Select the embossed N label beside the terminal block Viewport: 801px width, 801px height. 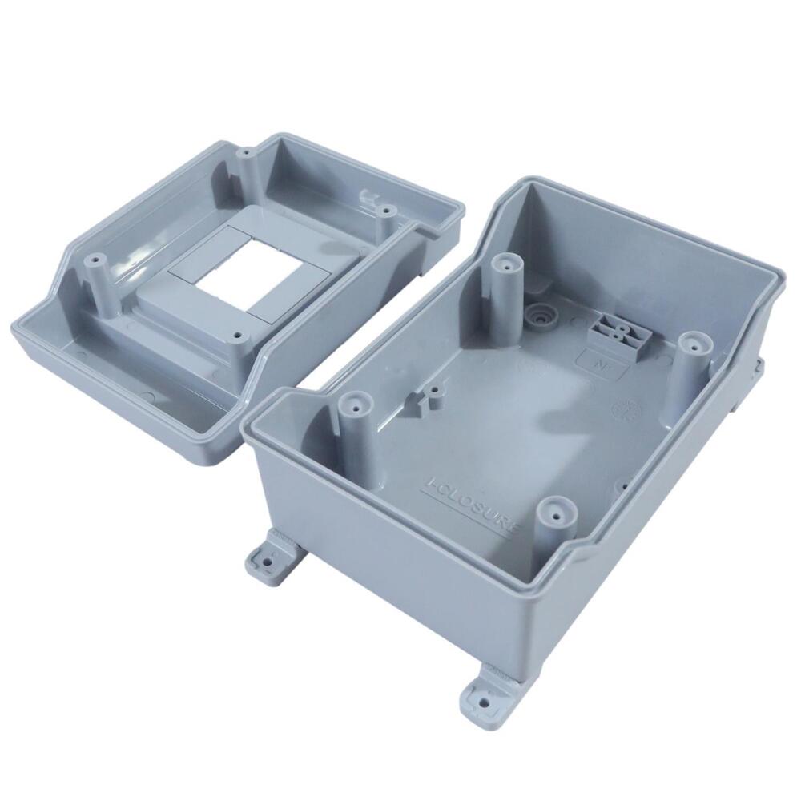point(598,361)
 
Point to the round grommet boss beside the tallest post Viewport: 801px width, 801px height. point(541,317)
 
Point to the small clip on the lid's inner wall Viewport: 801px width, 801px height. point(371,197)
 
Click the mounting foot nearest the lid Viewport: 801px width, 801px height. point(272,561)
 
